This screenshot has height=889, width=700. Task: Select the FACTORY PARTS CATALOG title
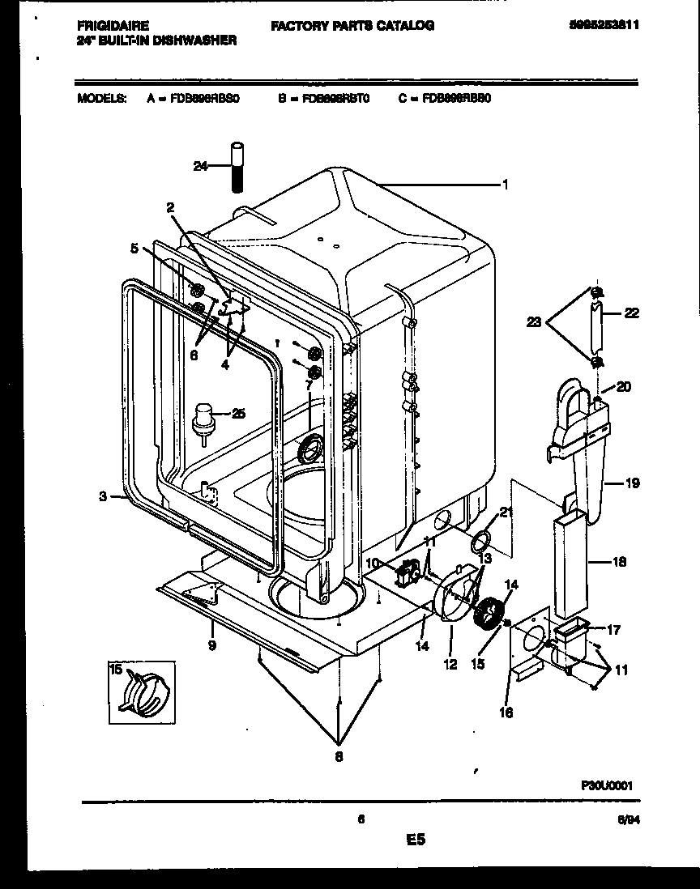(352, 25)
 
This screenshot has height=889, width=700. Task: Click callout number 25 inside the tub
(237, 414)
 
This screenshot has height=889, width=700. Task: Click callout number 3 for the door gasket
(104, 497)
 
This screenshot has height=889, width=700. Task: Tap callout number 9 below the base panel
(211, 645)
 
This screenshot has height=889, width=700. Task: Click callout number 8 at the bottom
(339, 757)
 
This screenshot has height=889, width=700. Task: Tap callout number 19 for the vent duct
(632, 483)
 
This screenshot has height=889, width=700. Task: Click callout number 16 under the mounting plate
(506, 712)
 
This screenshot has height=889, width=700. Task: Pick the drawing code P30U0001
(606, 785)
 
